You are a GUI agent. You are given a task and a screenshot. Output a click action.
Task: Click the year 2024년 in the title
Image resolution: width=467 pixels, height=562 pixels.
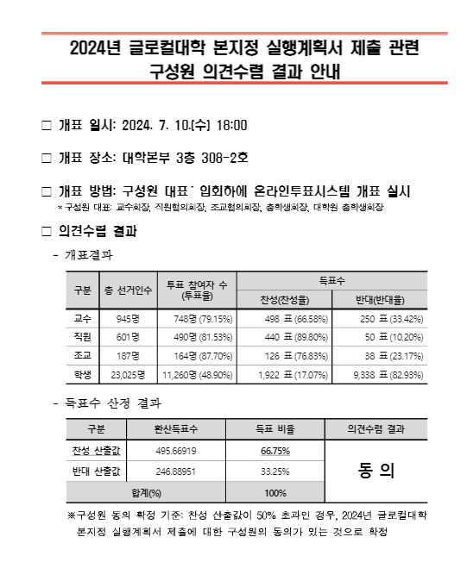tap(92, 48)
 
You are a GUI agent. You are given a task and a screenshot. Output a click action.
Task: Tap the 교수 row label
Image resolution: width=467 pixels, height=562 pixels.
tap(83, 318)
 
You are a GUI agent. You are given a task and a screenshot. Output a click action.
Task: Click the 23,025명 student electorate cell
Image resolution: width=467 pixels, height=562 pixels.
tap(128, 374)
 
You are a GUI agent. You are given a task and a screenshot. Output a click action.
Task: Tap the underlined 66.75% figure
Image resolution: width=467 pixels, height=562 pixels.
tap(275, 450)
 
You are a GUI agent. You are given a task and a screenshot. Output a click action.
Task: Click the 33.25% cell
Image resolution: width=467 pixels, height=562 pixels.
tap(275, 471)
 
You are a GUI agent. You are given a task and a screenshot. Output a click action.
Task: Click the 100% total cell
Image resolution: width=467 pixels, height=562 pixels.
tap(275, 493)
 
